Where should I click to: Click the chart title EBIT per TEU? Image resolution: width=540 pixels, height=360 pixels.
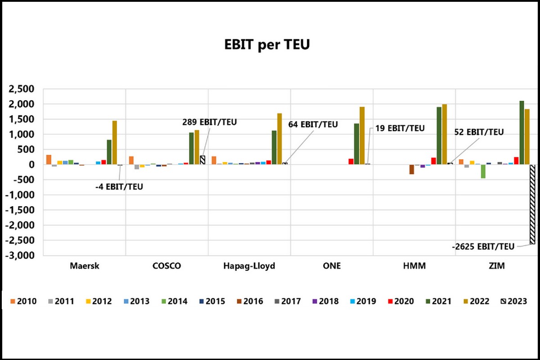[267, 45]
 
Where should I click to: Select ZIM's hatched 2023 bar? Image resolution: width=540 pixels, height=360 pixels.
[533, 205]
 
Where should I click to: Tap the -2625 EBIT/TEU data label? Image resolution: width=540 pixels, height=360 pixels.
[483, 246]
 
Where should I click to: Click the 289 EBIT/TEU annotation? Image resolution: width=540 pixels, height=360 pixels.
[209, 121]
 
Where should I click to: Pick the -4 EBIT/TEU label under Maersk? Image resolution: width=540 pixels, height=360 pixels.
[119, 186]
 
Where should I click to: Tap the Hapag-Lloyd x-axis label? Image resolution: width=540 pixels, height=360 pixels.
[249, 266]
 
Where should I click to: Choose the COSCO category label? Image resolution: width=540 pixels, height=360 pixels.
[166, 266]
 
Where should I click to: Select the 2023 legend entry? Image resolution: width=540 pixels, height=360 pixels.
[513, 301]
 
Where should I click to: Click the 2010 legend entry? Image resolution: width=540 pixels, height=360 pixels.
[23, 301]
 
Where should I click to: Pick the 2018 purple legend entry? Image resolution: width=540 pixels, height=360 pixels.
[324, 301]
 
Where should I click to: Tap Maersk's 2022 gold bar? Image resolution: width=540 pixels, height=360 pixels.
[114, 143]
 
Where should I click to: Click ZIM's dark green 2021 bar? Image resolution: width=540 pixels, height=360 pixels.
[522, 133]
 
